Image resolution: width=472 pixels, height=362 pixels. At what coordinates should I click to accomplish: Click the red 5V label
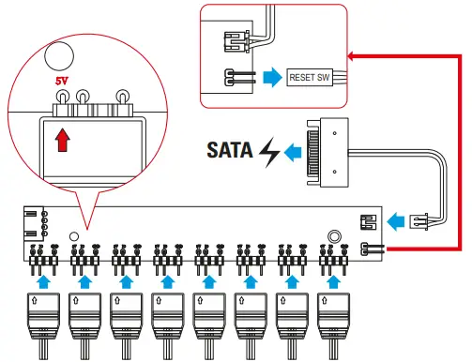(62, 81)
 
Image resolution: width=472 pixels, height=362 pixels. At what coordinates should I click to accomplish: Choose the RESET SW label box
(311, 77)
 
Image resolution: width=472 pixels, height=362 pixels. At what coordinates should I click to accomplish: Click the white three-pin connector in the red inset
(236, 42)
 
